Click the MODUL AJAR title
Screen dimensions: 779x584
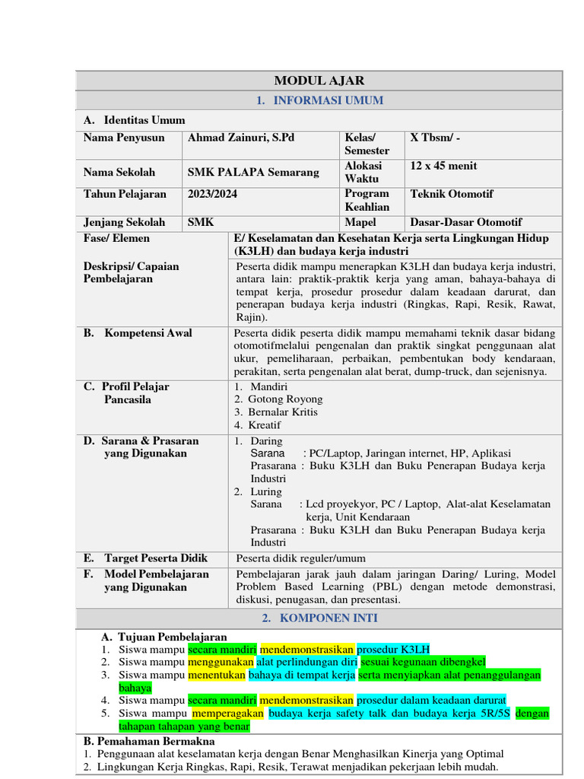[319, 81]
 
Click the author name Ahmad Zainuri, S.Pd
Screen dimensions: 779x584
[241, 138]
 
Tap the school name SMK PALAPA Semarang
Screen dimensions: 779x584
[253, 173]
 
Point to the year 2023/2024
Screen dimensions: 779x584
[212, 194]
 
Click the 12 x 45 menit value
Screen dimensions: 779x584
[443, 166]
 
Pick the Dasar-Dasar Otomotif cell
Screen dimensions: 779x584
[465, 222]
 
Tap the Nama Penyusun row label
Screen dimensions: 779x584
[123, 138]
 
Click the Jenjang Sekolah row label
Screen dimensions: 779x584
[124, 222]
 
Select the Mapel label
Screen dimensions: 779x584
[360, 222]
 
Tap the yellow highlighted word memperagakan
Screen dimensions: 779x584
[227, 714]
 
